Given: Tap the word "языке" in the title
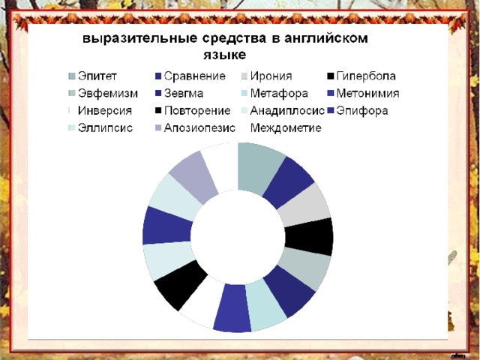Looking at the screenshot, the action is [x=225, y=55].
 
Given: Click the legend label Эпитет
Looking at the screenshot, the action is [x=97, y=76].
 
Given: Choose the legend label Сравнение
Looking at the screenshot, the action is [x=195, y=76].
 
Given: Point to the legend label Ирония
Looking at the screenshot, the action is [x=271, y=76].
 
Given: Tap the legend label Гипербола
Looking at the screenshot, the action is [x=366, y=76].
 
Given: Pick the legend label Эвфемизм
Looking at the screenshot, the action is [x=108, y=93].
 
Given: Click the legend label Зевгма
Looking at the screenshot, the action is [x=184, y=93].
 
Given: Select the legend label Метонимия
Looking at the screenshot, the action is [x=368, y=93].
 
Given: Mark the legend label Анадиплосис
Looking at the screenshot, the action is [x=287, y=110].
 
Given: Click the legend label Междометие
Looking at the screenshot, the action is [x=286, y=128].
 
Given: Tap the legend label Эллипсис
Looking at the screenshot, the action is [x=105, y=128].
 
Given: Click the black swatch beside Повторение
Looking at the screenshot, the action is [x=158, y=110].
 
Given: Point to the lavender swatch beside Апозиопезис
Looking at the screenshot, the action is [x=158, y=128].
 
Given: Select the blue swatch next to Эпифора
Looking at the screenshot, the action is [x=330, y=110].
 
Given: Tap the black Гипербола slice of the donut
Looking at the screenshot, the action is [x=309, y=237].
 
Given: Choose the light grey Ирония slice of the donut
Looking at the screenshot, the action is [x=303, y=205].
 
